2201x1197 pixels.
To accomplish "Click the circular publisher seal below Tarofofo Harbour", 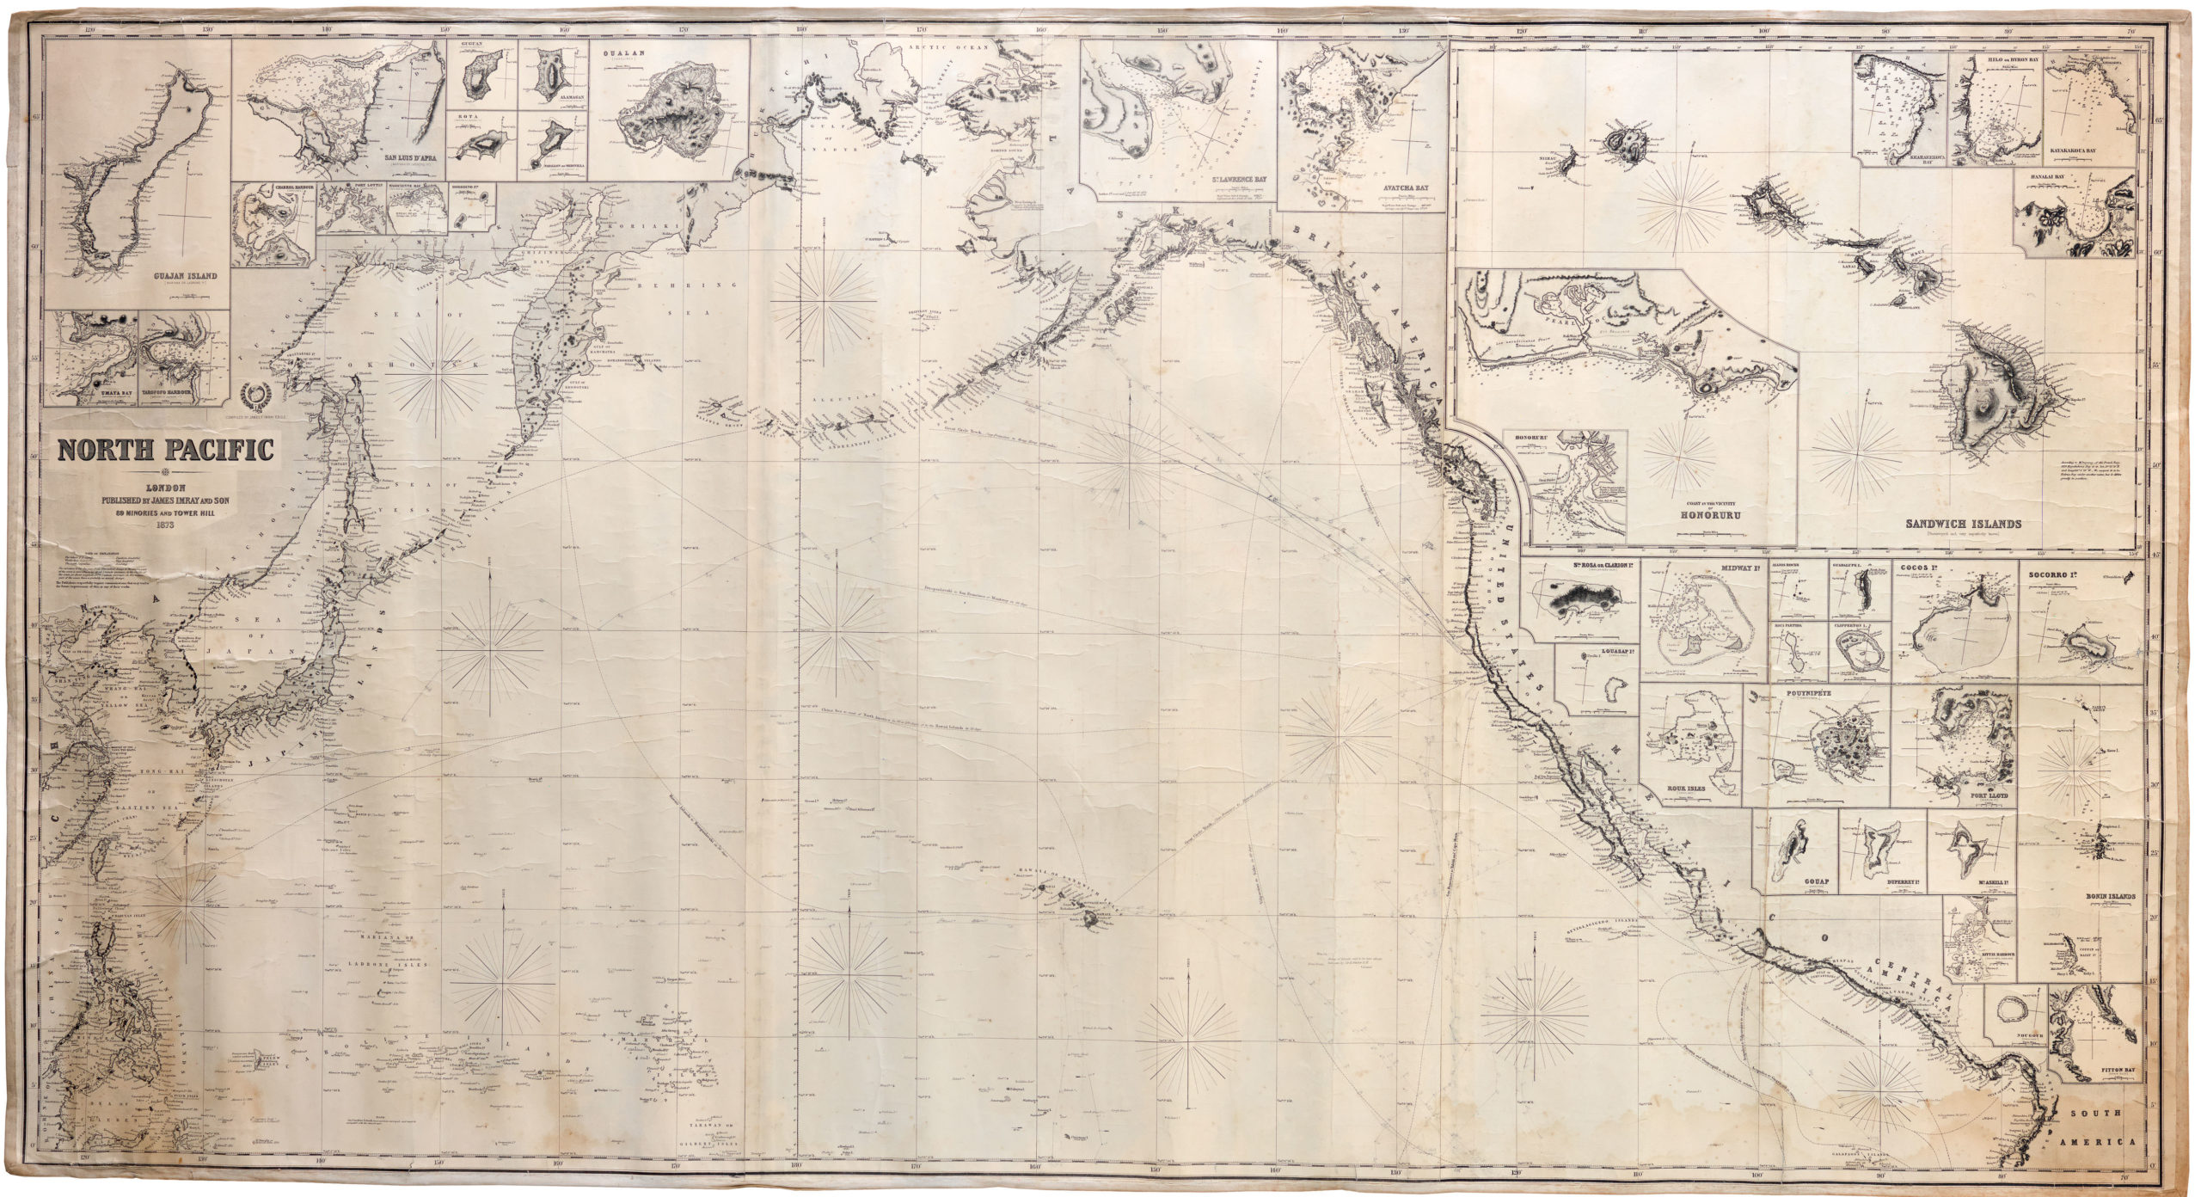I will coord(255,396).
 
